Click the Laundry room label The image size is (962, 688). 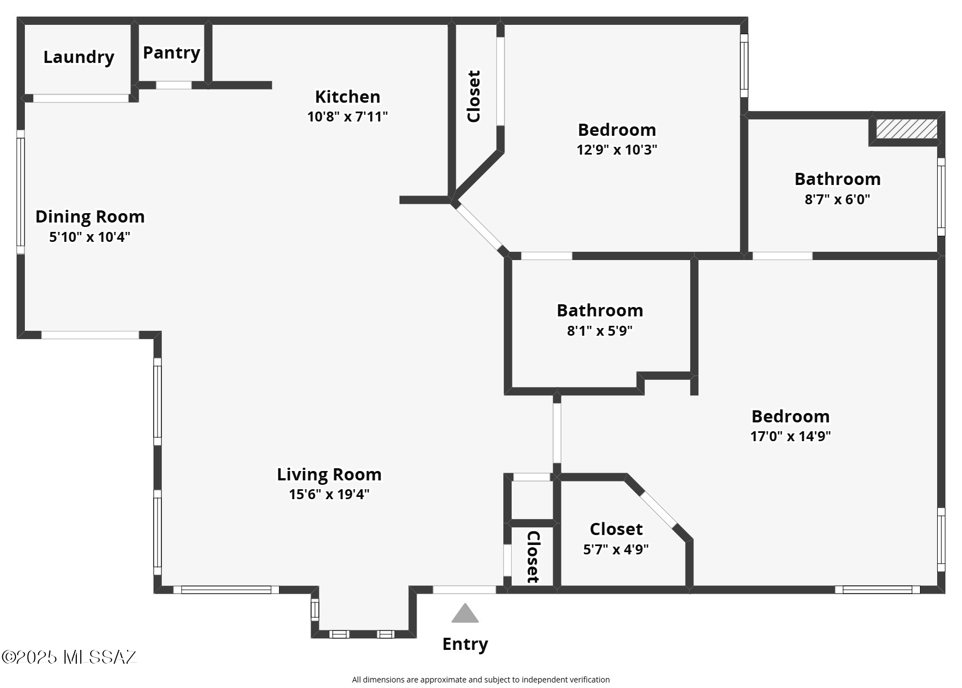coord(78,57)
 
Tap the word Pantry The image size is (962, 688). coord(171,52)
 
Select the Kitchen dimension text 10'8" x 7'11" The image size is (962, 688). coord(348,117)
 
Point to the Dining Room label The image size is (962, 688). coord(90,216)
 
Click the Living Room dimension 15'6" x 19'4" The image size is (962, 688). coord(329,494)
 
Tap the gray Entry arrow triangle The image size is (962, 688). coord(465,613)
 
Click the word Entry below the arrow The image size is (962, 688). coord(465,644)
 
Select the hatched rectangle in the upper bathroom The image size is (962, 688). coord(907,129)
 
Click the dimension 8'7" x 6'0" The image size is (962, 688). coord(837,199)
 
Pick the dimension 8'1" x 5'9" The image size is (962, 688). coord(600,331)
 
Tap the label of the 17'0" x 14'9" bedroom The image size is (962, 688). coord(790,416)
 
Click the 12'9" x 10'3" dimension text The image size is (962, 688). coord(617,150)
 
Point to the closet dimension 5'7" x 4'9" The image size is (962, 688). coord(616,549)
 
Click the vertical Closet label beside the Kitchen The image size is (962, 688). coord(474,96)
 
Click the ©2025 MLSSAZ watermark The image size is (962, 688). coord(69,657)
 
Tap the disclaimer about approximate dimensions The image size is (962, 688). coord(481,680)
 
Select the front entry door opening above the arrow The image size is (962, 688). coord(464,590)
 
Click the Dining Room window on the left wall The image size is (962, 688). coord(20,192)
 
